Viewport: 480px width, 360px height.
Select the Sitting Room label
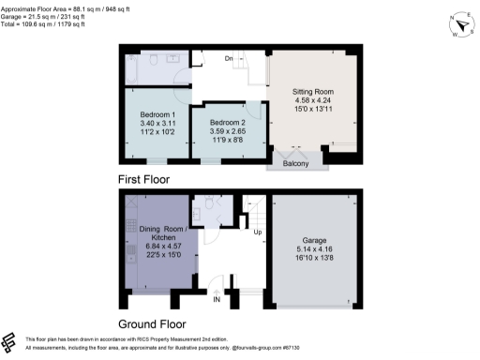(307, 92)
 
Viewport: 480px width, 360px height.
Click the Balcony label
(296, 161)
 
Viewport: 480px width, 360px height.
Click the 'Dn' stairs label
(228, 59)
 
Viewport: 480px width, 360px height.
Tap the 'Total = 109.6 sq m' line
(47, 23)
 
